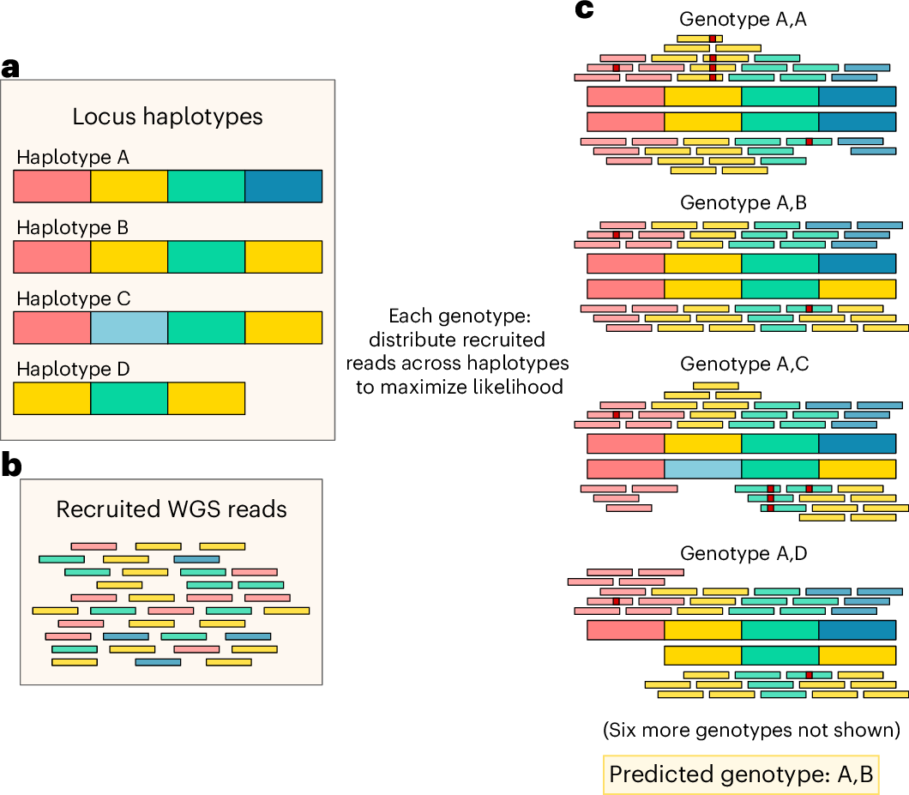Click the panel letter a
(x=10, y=68)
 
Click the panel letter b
(x=11, y=465)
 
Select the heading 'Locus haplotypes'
(x=167, y=117)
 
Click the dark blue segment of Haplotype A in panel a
(x=283, y=185)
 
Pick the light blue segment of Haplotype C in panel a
(x=129, y=328)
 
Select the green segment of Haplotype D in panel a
(x=129, y=399)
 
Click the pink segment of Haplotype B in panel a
(x=51, y=256)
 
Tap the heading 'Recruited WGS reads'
(x=171, y=509)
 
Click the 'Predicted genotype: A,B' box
(x=741, y=774)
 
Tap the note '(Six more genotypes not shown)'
(x=750, y=731)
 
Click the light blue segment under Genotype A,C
(x=702, y=469)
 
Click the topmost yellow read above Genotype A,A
(x=699, y=39)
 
